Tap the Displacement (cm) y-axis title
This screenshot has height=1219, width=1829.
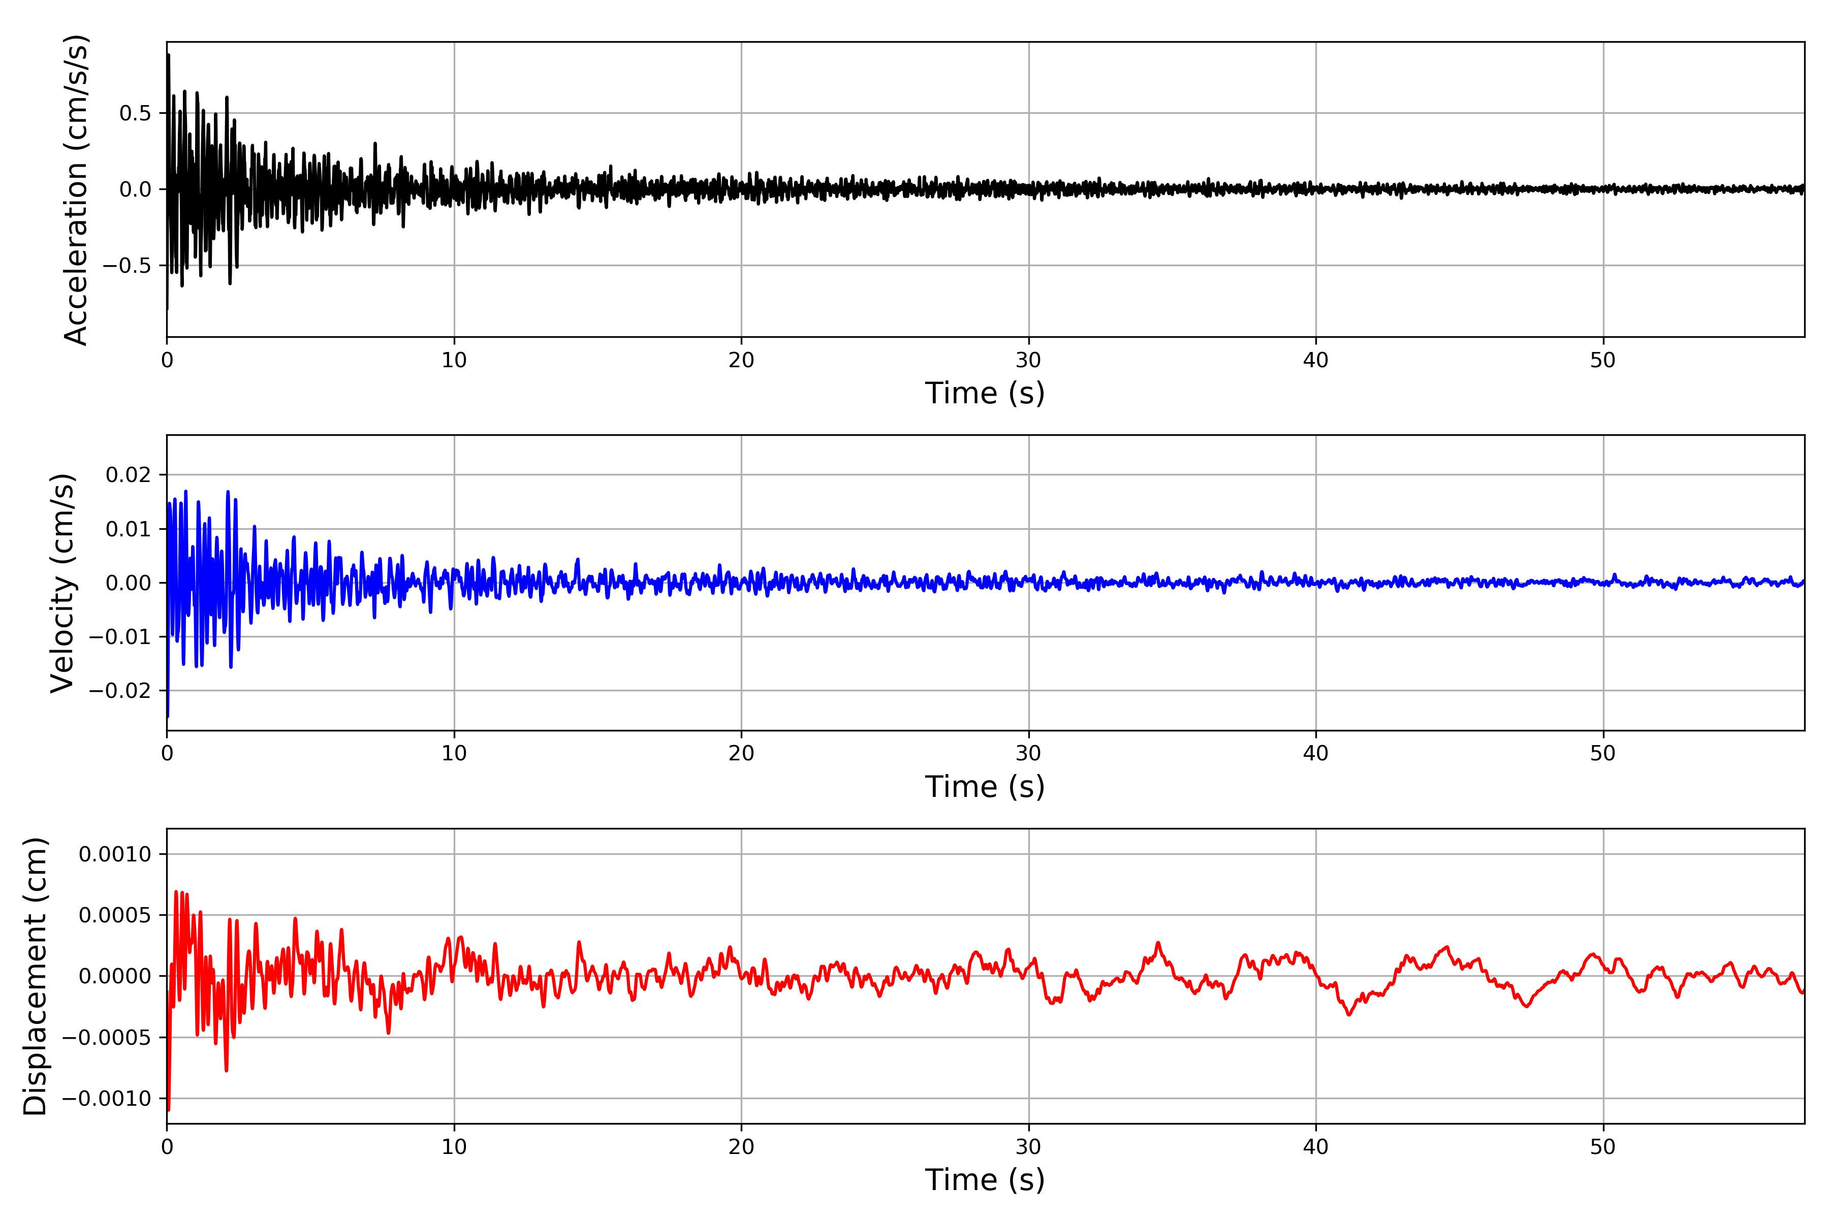point(35,976)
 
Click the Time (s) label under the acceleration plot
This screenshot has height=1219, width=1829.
point(985,393)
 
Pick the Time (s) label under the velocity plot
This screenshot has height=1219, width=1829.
point(985,787)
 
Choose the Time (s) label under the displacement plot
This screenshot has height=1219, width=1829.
point(985,1180)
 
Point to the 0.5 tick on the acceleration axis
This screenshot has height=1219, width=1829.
point(135,113)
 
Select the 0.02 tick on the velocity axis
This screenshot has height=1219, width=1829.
point(129,475)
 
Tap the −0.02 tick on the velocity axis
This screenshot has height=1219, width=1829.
point(120,690)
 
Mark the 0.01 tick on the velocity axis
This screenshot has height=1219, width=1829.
point(129,529)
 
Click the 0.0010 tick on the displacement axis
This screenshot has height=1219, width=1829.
point(115,854)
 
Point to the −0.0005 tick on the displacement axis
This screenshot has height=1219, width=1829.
point(107,1037)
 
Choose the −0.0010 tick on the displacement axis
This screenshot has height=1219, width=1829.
point(107,1099)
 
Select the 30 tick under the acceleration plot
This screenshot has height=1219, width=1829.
point(1028,361)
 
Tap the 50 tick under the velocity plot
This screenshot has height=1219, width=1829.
point(1603,753)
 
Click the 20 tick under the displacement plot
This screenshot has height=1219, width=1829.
point(741,1147)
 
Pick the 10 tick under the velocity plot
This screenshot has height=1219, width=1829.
point(454,753)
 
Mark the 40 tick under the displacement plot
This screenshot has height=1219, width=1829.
point(1316,1147)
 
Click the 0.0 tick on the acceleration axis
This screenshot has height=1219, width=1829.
point(135,189)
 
